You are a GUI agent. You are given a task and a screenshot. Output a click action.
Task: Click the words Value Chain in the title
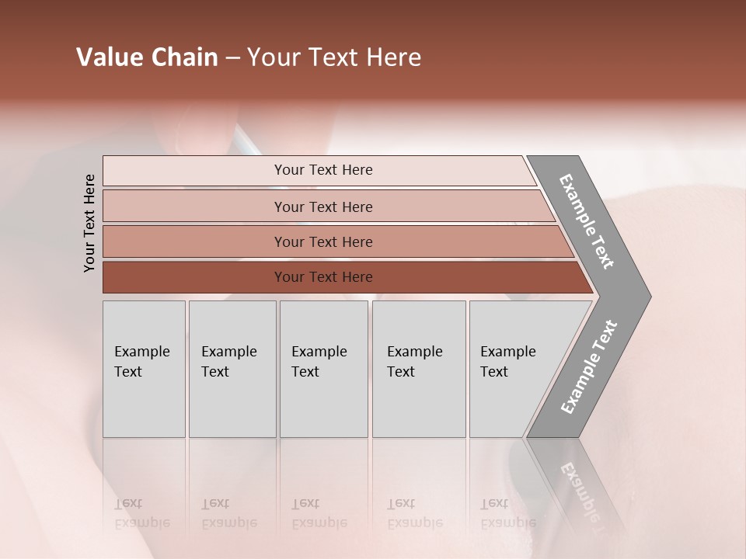[x=147, y=58]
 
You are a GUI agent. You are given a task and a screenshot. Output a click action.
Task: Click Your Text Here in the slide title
[x=334, y=58]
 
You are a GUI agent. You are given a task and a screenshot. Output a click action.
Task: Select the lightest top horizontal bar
[x=322, y=170]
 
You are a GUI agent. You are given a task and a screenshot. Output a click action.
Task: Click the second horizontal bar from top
[x=322, y=207]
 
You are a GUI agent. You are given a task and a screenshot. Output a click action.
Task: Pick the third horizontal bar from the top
[x=322, y=242]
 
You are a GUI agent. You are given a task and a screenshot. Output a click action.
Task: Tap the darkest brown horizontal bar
[x=322, y=277]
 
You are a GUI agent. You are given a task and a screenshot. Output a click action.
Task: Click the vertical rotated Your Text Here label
[x=89, y=223]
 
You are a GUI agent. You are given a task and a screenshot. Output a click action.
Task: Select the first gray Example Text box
[x=144, y=369]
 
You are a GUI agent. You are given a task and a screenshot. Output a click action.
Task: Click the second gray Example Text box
[x=232, y=369]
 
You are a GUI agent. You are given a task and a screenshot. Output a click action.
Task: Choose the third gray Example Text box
[x=323, y=369]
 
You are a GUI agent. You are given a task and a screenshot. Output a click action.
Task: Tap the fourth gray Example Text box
[x=418, y=369]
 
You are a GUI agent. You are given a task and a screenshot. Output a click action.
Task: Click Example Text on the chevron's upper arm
[x=587, y=222]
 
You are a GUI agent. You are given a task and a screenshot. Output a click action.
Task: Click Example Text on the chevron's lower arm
[x=589, y=366]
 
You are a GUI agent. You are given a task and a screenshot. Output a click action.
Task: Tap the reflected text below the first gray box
[x=142, y=513]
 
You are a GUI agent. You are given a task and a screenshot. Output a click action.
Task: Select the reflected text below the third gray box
[x=319, y=513]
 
